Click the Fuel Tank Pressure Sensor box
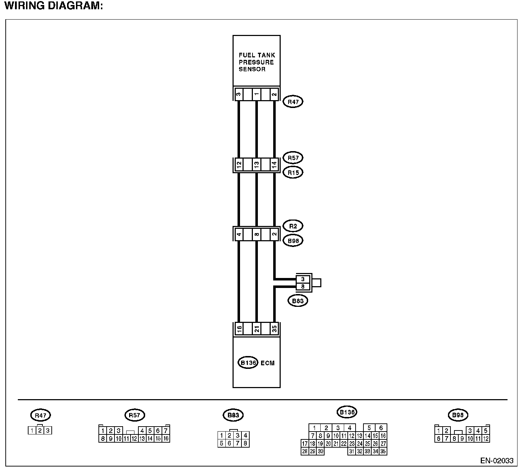(256, 61)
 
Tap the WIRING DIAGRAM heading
(53, 6)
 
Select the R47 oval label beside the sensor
(293, 102)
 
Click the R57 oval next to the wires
(293, 158)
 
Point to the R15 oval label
(293, 172)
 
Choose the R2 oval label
(293, 226)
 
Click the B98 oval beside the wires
(293, 241)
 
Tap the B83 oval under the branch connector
(297, 301)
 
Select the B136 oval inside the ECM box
(248, 363)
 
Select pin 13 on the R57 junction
(256, 165)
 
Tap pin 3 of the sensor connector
(239, 94)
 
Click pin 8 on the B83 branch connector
(303, 286)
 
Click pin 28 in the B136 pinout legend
(305, 451)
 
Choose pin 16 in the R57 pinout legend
(166, 439)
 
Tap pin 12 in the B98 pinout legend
(485, 439)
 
